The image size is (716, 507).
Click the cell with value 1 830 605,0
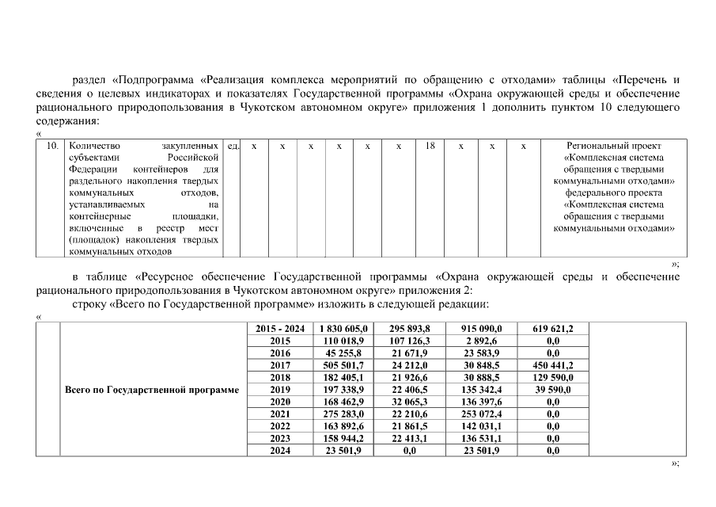click(343, 328)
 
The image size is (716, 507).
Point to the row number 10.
click(52, 146)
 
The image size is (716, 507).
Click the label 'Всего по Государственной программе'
click(151, 390)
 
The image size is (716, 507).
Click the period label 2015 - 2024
click(280, 328)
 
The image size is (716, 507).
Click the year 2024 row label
click(280, 450)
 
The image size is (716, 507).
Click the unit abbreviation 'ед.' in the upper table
click(233, 146)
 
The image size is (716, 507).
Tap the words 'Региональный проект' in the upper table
click(614, 146)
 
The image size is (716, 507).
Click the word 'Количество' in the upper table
click(93, 146)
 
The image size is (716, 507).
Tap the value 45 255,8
click(343, 353)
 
